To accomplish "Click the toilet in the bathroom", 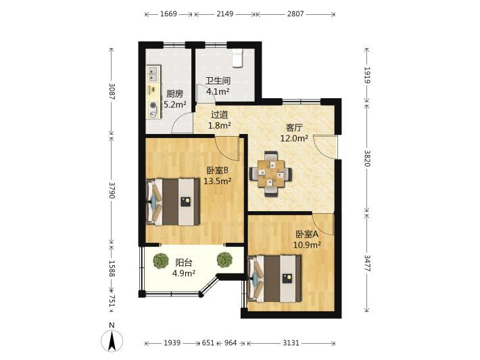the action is (x=237, y=58).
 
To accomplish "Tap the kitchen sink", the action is (x=153, y=74).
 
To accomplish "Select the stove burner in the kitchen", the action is (x=153, y=106).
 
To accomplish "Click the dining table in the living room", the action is (x=270, y=174).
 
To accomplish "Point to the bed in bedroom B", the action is (x=173, y=202).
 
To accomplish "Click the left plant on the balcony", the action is (x=161, y=260).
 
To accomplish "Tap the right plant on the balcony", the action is (x=224, y=260).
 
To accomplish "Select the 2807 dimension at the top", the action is (x=295, y=14).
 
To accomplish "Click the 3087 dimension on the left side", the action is (x=112, y=91).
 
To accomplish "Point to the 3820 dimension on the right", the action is (x=367, y=158).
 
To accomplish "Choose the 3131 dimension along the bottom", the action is (x=291, y=343).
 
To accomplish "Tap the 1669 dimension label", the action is (x=168, y=14).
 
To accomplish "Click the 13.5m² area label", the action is (x=217, y=181).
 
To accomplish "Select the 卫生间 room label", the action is (x=218, y=81).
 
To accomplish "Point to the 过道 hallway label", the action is (x=220, y=115).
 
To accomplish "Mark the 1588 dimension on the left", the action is (x=112, y=269).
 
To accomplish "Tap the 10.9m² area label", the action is (x=307, y=245).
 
